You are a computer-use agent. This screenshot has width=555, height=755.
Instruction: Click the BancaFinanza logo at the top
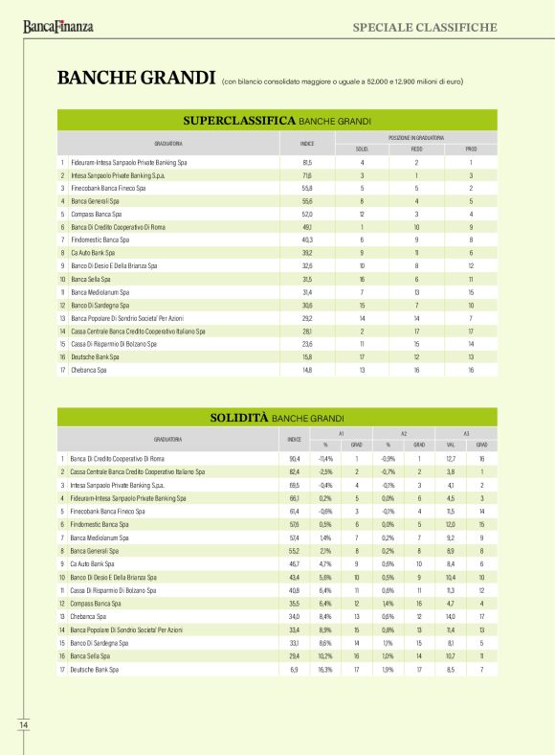coord(58,27)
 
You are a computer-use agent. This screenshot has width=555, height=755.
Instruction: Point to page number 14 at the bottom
coord(24,725)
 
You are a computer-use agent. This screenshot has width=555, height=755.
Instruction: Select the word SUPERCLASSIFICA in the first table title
coord(246,122)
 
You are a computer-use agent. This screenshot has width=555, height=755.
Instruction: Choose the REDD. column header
coord(416,149)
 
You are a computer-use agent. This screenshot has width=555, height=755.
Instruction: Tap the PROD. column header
coord(471,149)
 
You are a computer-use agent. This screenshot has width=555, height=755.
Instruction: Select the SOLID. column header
coord(362,149)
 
